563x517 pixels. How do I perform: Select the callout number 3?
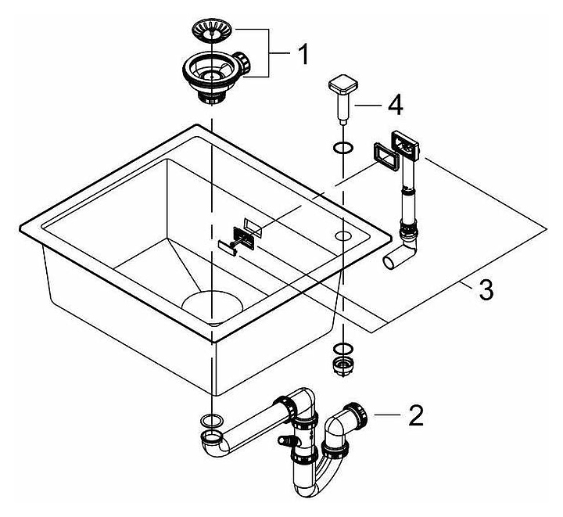pos(485,289)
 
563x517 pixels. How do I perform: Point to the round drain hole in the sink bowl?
pos(211,301)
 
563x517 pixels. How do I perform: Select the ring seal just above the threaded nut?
pos(340,349)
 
